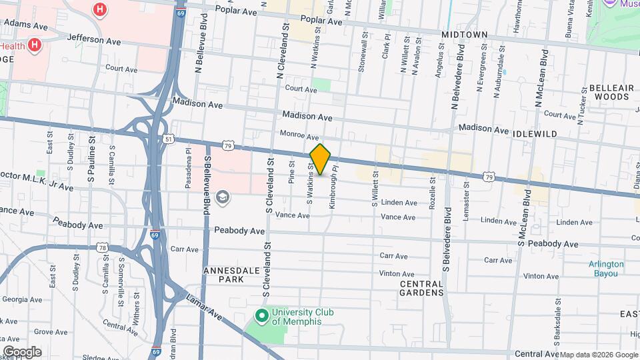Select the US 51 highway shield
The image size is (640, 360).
[x=169, y=138]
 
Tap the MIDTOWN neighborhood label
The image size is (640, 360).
[x=464, y=34]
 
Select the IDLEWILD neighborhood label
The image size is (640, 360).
[x=535, y=134]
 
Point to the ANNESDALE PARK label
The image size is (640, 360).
[x=227, y=275]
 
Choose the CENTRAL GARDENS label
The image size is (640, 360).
[x=421, y=288]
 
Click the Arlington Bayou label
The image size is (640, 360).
[x=606, y=268]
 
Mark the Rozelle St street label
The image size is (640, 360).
[x=433, y=191]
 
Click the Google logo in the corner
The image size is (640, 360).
[x=22, y=352]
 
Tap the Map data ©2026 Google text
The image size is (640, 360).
[x=599, y=355]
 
